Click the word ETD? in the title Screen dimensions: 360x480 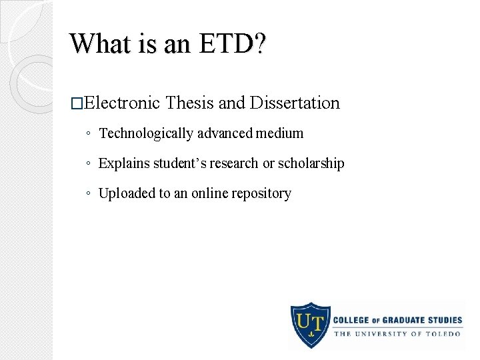[x=231, y=43]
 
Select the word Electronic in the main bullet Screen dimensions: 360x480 [x=122, y=103]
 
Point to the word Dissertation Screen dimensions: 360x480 [x=295, y=103]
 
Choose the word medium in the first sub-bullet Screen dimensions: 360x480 [x=279, y=133]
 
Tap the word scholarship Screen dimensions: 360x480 [x=311, y=163]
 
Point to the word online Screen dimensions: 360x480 [x=209, y=193]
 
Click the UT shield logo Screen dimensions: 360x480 [x=310, y=325]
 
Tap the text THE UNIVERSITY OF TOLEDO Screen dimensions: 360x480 [x=397, y=333]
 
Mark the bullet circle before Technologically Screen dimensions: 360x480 [x=89, y=134]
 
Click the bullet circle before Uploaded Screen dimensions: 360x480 [x=89, y=194]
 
